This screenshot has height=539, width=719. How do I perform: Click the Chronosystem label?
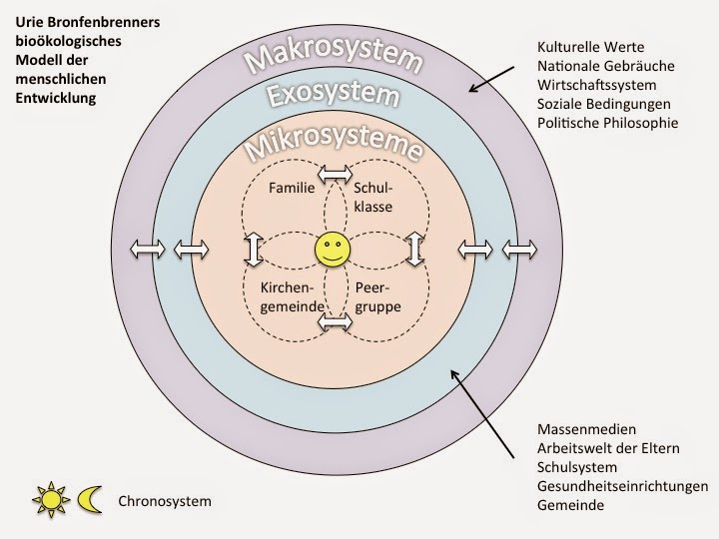click(165, 501)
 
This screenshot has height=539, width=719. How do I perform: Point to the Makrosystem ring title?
click(331, 58)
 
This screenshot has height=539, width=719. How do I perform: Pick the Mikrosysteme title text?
click(331, 147)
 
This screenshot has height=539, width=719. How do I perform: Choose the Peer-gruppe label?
click(377, 297)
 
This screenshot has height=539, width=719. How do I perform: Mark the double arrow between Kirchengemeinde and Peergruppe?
click(336, 322)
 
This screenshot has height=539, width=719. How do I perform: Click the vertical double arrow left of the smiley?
click(252, 249)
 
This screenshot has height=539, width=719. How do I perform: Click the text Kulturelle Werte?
click(588, 47)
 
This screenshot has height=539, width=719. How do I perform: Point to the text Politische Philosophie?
click(607, 123)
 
